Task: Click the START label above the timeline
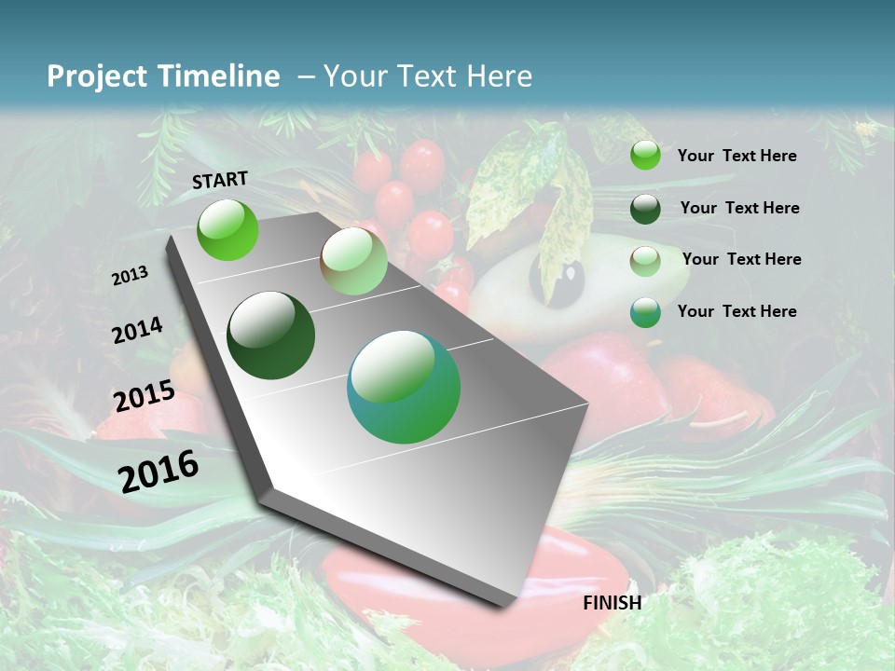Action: [220, 180]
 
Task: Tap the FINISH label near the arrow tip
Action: [613, 603]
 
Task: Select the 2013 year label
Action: [130, 276]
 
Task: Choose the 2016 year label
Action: [158, 471]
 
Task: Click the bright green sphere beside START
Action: [227, 229]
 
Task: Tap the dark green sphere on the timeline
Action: [270, 335]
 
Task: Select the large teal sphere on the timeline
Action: [404, 387]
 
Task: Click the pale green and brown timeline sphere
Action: [353, 261]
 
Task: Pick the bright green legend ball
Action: [645, 155]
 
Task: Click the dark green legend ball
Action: [645, 208]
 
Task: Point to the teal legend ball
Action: [645, 312]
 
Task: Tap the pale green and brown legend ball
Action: [645, 260]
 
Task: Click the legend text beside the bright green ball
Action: [737, 156]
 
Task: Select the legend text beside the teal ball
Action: [737, 311]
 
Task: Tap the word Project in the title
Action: [96, 76]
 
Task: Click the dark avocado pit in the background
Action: [558, 280]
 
